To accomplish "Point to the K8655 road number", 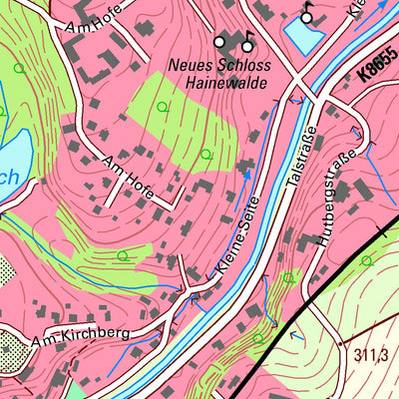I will click(375, 68).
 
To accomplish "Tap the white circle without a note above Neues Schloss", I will click(220, 42).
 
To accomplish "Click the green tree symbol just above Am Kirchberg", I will click(123, 256).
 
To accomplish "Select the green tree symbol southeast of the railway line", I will click(367, 261).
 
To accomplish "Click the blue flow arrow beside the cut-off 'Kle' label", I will click(380, 9).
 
